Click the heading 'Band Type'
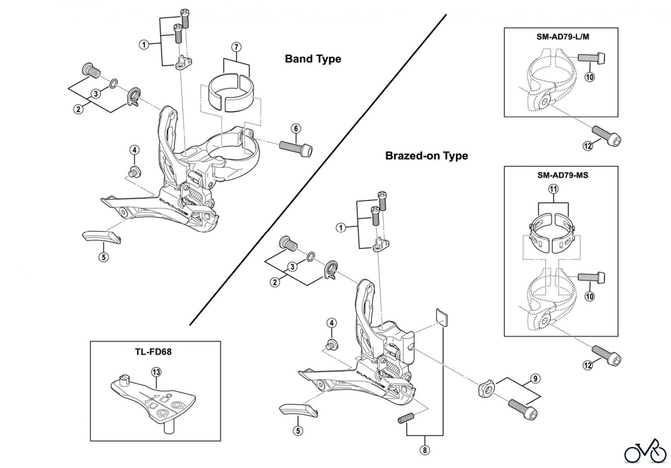[x=313, y=59]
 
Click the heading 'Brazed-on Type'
[x=426, y=155]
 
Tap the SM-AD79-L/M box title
[x=561, y=37]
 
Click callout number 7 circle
[x=236, y=47]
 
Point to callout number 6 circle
[x=296, y=129]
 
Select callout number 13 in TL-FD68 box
[x=156, y=371]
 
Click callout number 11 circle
[x=554, y=189]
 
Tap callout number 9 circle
[x=535, y=379]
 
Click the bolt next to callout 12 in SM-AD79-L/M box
[x=607, y=136]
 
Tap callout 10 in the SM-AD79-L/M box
[x=589, y=77]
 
